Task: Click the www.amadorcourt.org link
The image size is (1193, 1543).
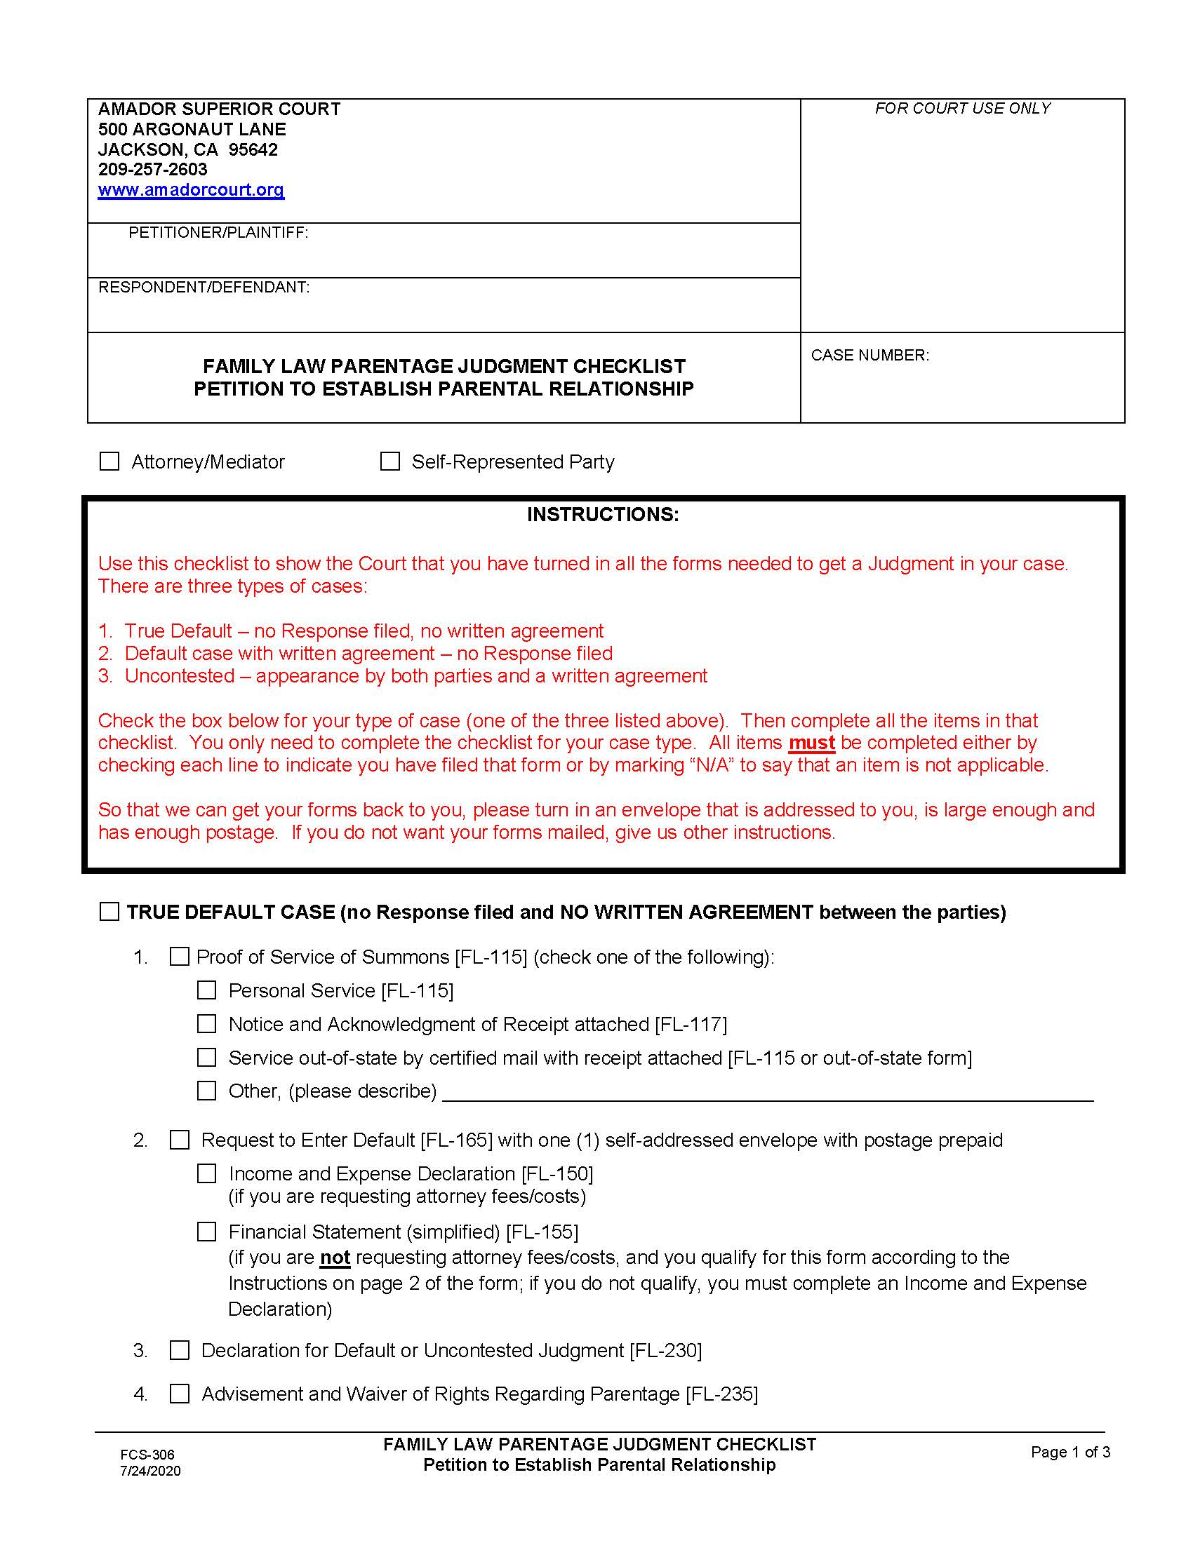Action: click(191, 189)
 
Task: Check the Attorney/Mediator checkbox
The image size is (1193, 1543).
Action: click(109, 461)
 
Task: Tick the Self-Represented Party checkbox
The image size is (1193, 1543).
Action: click(390, 461)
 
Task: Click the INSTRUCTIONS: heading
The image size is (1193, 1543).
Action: click(602, 514)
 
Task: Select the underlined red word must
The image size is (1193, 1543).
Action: click(811, 743)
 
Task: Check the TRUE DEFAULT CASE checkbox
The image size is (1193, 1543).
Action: click(109, 912)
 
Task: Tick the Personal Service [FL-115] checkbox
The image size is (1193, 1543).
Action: click(206, 990)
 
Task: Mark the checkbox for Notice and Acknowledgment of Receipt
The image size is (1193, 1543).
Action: click(206, 1024)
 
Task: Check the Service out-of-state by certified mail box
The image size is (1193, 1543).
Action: click(206, 1058)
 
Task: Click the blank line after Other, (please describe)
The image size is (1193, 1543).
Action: click(767, 1092)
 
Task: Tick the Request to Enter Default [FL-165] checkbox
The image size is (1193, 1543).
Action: click(180, 1140)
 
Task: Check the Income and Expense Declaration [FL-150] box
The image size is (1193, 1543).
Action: click(206, 1173)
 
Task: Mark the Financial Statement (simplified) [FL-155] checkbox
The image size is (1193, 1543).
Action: click(206, 1232)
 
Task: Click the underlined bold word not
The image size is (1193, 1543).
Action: click(335, 1258)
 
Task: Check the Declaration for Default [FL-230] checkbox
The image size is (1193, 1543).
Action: click(180, 1350)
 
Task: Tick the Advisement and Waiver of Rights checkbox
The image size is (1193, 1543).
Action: click(180, 1394)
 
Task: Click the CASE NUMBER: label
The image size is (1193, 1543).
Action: click(869, 356)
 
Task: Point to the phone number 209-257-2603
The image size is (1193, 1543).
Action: click(153, 170)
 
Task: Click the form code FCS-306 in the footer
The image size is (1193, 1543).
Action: click(147, 1455)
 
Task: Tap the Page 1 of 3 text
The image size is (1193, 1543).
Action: click(1070, 1452)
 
